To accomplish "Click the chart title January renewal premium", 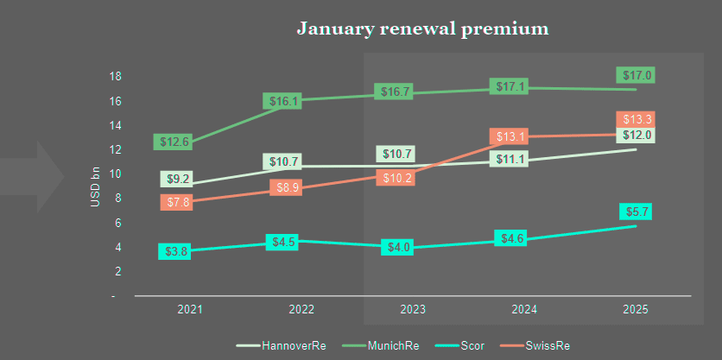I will [423, 28].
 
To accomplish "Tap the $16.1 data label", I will [284, 101].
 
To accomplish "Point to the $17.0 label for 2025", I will [636, 75].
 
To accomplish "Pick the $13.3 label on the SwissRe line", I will [636, 119].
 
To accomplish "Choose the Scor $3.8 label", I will [175, 251].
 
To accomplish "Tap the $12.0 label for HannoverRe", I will [636, 135].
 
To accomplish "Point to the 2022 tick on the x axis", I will [301, 309].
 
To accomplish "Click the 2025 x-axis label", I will [636, 309].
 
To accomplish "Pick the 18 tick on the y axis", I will [115, 76].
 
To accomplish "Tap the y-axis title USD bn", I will [95, 186].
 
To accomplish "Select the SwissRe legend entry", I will [546, 346].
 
